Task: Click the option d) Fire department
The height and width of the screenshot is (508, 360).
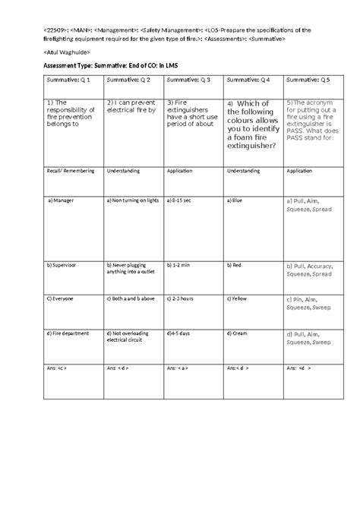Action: pos(73,333)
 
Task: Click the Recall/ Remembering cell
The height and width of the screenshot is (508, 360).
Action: pos(71,171)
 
